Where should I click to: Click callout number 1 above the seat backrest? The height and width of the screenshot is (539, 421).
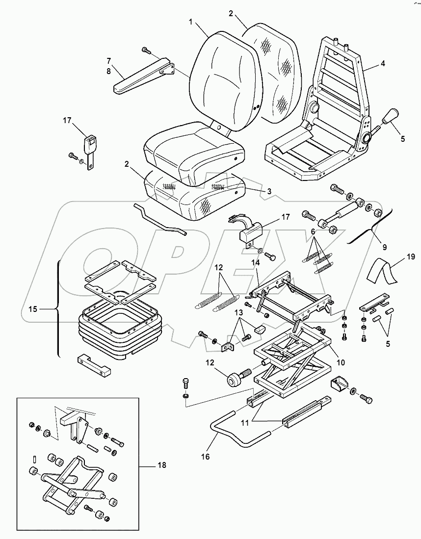191,23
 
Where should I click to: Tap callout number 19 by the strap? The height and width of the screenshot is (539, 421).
411,257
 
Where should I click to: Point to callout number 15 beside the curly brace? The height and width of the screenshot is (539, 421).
32,309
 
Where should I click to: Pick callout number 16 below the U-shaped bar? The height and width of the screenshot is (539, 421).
205,457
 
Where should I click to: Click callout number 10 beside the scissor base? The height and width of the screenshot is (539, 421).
341,362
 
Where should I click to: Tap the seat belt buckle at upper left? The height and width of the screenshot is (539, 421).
91,146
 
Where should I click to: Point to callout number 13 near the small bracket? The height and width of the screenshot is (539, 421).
237,313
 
